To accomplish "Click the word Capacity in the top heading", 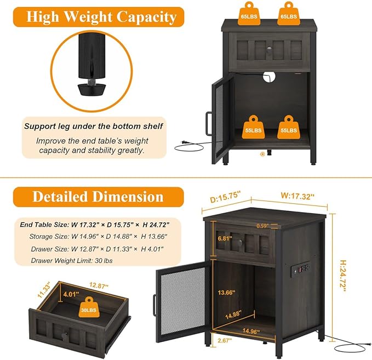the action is tap(146, 17).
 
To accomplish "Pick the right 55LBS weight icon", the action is tap(289, 127).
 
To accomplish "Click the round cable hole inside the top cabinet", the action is tap(269, 77).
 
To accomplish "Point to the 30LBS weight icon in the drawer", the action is tap(89, 307).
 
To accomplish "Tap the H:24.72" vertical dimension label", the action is tap(342, 276).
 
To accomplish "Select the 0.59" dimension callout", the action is tap(262, 226).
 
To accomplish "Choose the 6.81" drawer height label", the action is tap(225, 238).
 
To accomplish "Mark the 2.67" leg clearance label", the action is tap(225, 340).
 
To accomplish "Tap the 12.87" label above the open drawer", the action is tap(99, 285).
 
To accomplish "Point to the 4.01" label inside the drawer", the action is tap(71, 294).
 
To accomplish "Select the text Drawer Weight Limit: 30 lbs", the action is tap(72, 261).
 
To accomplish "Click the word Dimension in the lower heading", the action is tap(128, 197).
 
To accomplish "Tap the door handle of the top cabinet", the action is tap(208, 123).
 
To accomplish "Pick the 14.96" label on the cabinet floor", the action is tap(251, 330).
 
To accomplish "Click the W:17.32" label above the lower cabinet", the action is tap(297, 196).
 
